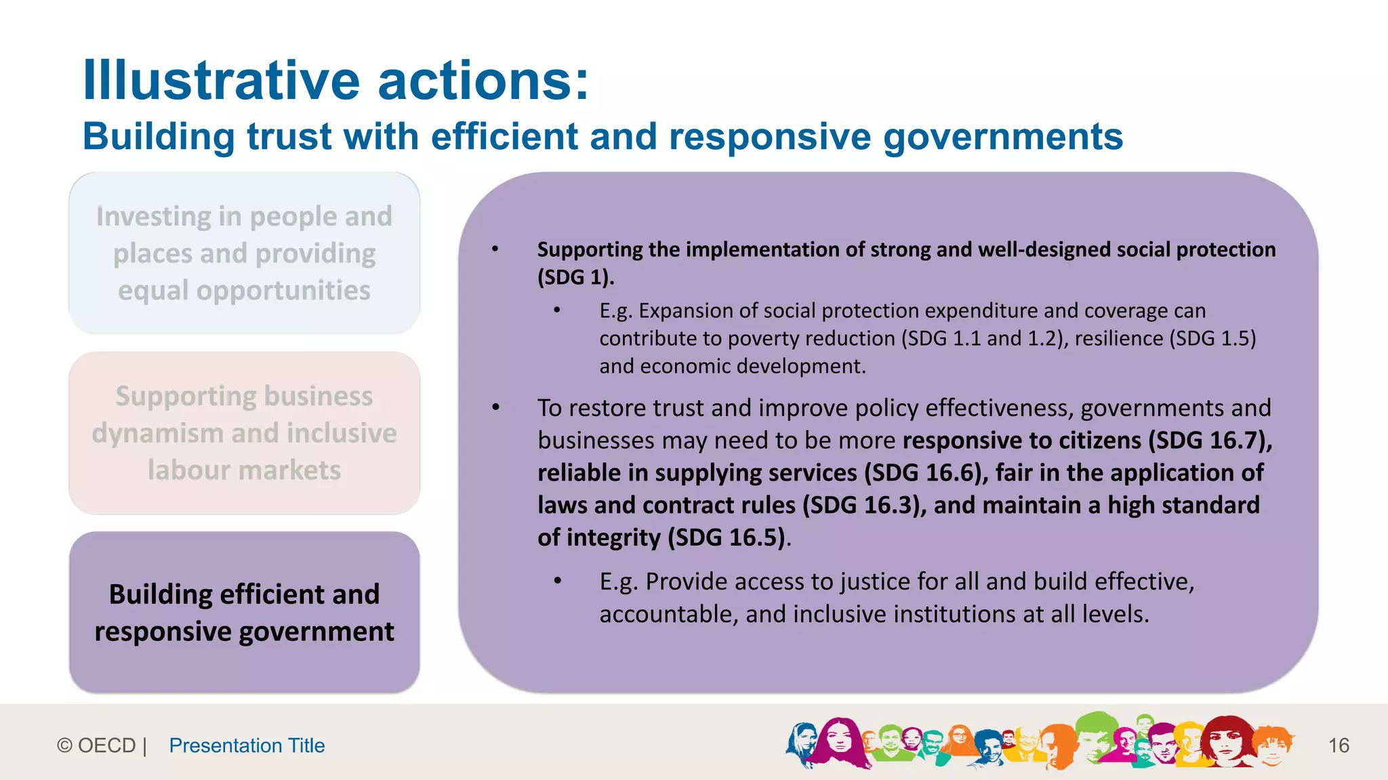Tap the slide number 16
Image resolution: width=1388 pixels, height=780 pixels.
pyautogui.click(x=1339, y=745)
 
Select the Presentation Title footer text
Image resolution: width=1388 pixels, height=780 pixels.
pyautogui.click(x=247, y=745)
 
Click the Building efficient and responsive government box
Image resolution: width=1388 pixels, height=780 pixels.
pyautogui.click(x=244, y=613)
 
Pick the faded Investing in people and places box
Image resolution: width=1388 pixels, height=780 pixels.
pyautogui.click(x=244, y=253)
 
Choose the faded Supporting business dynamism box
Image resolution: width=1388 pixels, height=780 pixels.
pyautogui.click(x=244, y=432)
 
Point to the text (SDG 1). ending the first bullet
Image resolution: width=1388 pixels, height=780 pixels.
pyautogui.click(x=575, y=277)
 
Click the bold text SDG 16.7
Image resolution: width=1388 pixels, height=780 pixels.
pyautogui.click(x=1210, y=440)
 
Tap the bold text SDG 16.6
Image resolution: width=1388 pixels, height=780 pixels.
pyautogui.click(x=926, y=473)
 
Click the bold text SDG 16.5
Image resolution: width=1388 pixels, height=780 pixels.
pyautogui.click(x=729, y=538)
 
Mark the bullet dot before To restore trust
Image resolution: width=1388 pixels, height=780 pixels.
pyautogui.click(x=495, y=408)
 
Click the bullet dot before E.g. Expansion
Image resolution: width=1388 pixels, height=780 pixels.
pyautogui.click(x=557, y=310)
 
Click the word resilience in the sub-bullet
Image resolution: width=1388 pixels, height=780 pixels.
pyautogui.click(x=1118, y=338)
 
